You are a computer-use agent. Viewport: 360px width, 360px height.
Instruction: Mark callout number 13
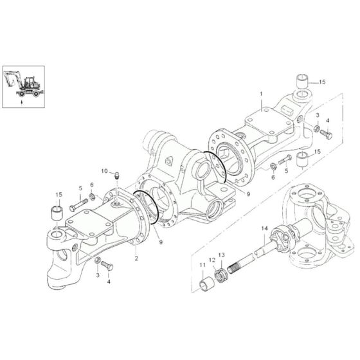coord(223,256)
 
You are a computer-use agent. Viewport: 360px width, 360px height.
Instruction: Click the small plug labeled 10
coord(118,175)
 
